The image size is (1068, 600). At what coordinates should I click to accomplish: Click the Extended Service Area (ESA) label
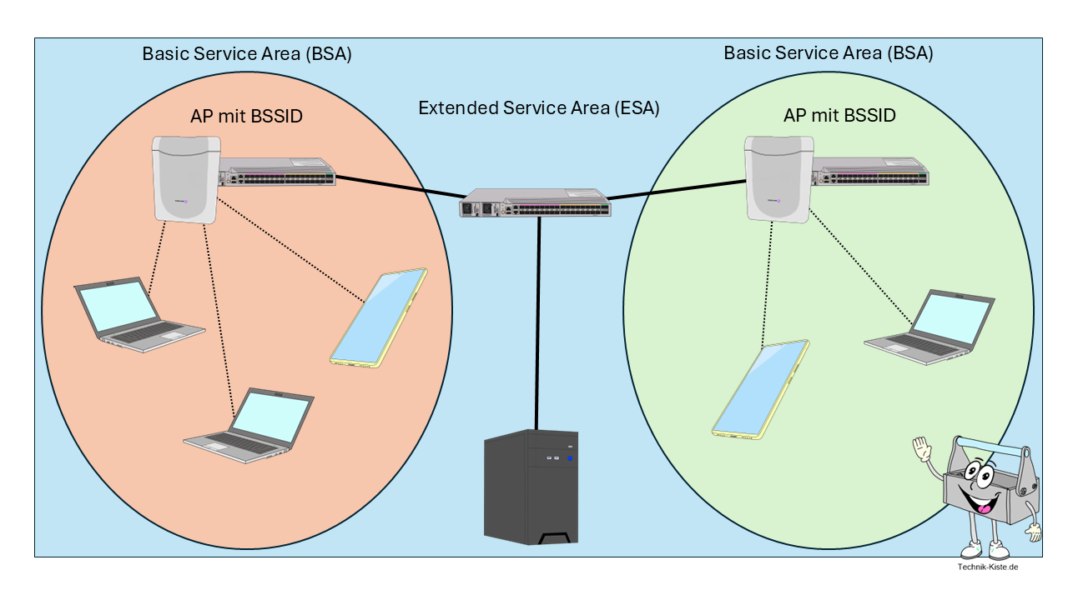[538, 108]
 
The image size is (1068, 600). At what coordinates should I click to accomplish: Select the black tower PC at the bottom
[531, 487]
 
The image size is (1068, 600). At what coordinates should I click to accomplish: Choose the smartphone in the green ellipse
[760, 388]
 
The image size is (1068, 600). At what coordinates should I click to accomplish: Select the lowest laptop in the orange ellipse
[249, 422]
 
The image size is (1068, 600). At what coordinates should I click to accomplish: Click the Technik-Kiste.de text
[988, 567]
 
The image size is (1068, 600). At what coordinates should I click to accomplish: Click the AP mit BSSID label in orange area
[246, 117]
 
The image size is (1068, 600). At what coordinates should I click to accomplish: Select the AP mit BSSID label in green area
[839, 116]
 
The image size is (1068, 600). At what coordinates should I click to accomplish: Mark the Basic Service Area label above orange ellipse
[247, 54]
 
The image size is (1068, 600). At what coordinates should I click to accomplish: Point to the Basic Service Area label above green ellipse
[829, 53]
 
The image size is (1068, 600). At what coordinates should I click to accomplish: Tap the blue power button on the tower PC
[570, 458]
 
